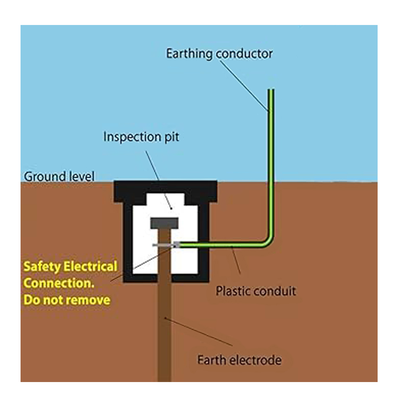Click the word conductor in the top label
click(244, 54)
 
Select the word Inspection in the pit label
click(128, 137)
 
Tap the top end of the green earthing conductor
click(271, 91)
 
